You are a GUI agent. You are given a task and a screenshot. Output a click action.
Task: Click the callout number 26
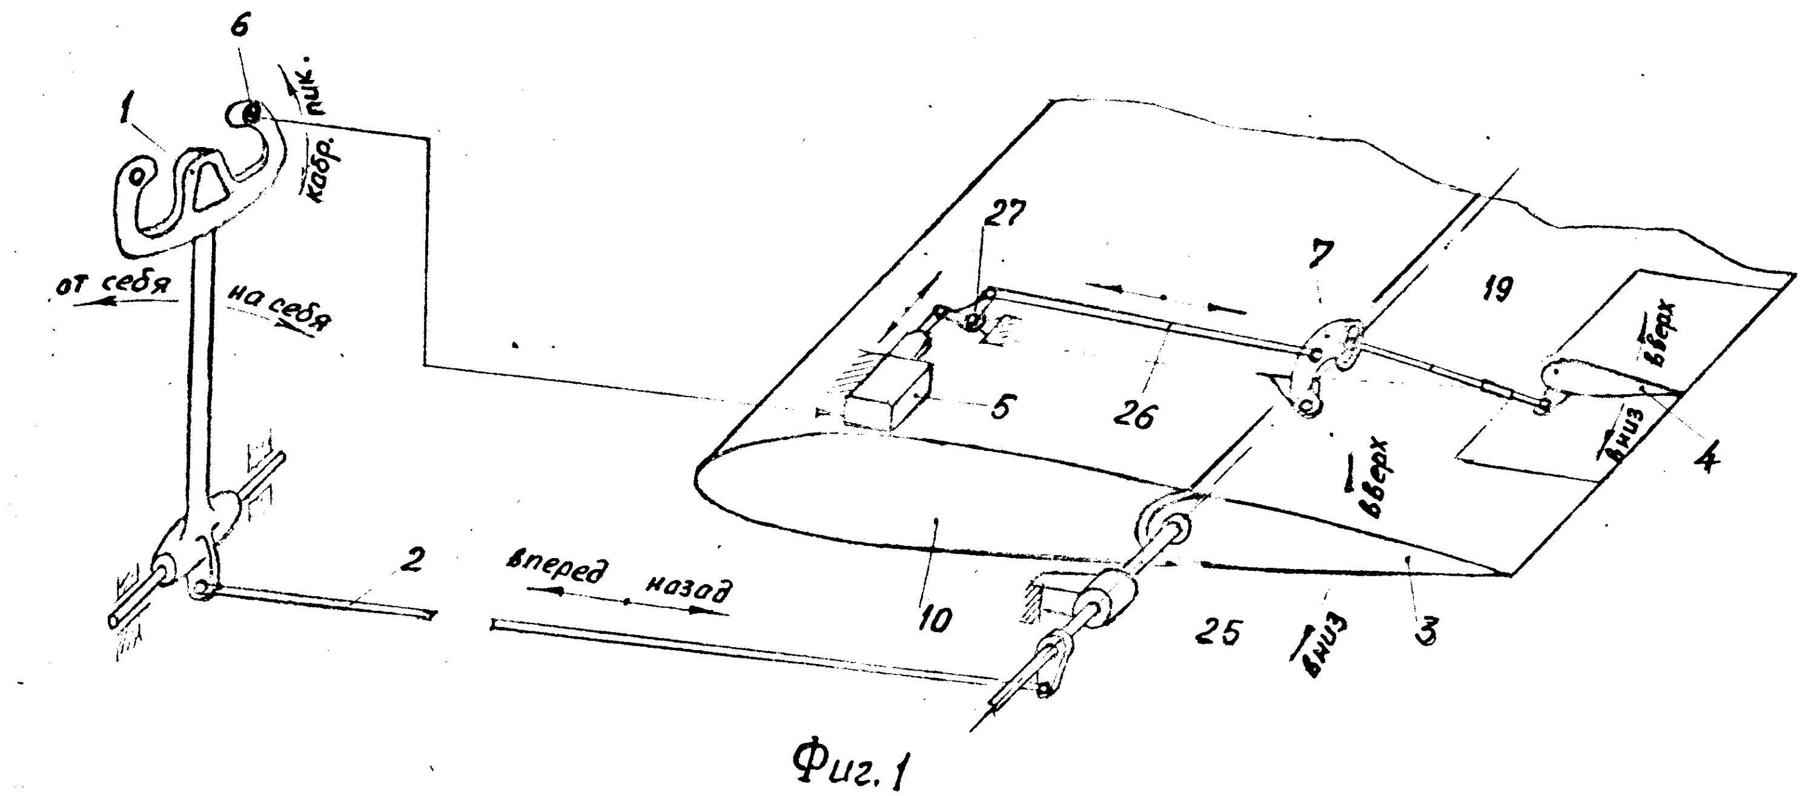1134,416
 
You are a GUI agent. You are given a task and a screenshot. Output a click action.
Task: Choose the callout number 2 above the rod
412,561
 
